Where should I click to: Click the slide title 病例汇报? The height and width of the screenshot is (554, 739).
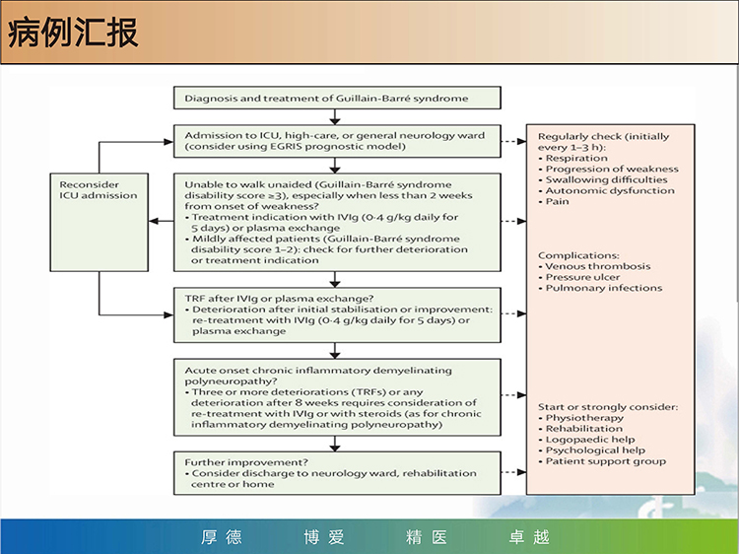[73, 33]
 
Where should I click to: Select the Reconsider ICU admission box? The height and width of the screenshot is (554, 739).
[99, 222]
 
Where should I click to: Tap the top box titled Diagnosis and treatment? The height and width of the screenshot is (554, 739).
[337, 98]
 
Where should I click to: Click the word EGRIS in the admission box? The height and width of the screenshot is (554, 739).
[287, 146]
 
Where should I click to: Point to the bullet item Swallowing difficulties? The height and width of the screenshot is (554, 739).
[606, 179]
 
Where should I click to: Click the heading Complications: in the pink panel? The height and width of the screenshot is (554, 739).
[578, 255]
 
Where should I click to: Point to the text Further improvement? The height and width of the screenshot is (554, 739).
[246, 462]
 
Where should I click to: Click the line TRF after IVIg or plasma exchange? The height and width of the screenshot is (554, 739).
[279, 299]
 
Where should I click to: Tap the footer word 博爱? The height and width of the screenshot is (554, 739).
[324, 537]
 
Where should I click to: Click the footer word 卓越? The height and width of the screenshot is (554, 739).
[529, 537]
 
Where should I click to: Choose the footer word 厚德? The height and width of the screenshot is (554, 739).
[222, 537]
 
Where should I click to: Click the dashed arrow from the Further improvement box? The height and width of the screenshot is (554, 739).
[513, 472]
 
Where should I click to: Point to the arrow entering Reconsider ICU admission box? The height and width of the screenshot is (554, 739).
[162, 221]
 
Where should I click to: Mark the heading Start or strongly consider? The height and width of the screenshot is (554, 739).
[608, 407]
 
